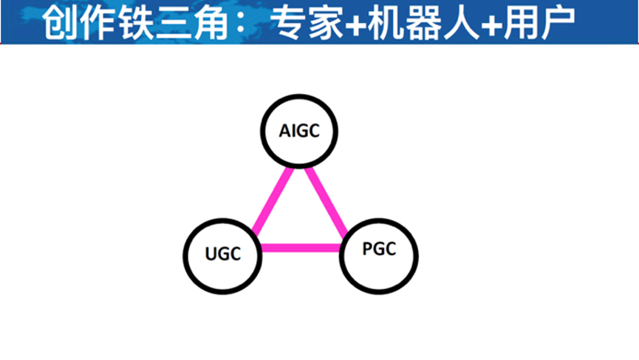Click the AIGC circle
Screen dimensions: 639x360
coord(298,132)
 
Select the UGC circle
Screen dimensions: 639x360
coord(222,255)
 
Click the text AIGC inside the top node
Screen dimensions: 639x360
coord(298,132)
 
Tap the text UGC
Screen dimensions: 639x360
coord(222,255)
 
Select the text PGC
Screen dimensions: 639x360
coord(380,249)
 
